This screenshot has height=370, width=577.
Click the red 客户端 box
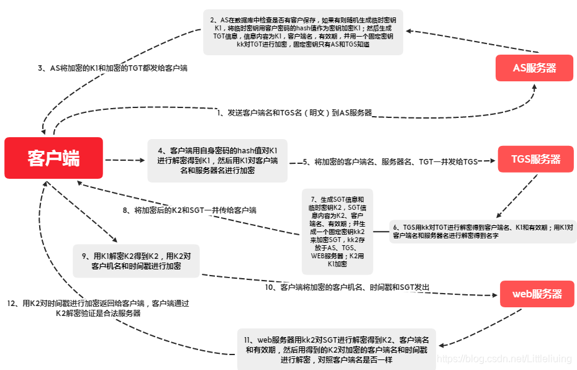53,158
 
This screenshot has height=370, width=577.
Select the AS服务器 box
534,68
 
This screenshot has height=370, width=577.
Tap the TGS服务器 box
535,159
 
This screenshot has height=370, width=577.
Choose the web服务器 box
537,294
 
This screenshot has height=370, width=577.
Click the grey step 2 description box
302,32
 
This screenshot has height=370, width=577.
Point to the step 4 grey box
217,160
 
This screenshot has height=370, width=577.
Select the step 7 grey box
337,232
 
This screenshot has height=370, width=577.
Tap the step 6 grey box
483,232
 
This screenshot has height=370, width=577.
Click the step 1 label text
294,112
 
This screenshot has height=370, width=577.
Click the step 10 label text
347,287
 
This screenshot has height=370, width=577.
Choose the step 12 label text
98,308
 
